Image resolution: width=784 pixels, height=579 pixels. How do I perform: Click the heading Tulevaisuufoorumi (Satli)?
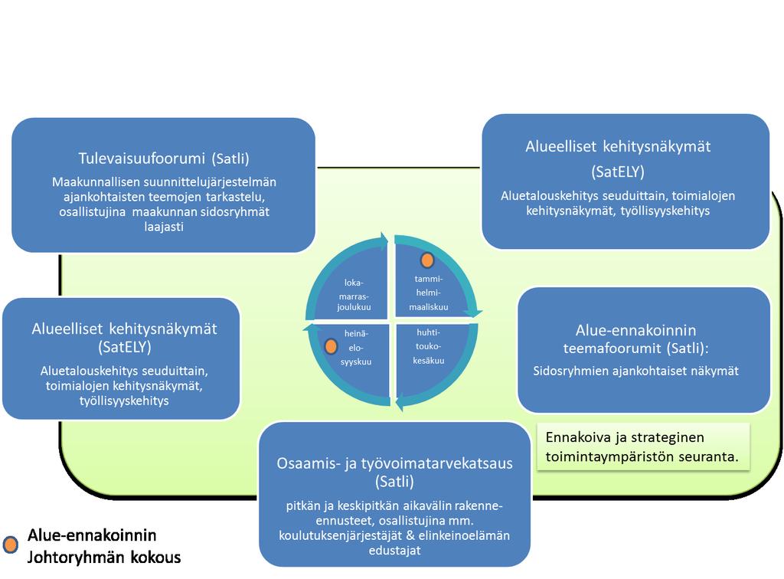[164, 159]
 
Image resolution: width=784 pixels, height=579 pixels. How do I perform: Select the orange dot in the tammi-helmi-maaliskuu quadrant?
[427, 260]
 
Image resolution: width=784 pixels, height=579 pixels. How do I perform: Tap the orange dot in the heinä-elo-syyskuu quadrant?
[331, 346]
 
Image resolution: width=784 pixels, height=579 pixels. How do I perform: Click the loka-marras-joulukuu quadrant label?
[354, 295]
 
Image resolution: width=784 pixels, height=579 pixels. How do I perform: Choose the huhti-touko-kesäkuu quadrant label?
[429, 346]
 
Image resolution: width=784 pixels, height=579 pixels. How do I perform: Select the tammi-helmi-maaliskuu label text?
[429, 293]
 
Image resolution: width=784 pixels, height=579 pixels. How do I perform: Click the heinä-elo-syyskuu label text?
[356, 348]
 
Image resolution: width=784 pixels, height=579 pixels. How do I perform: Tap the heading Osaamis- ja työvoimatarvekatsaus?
[394, 463]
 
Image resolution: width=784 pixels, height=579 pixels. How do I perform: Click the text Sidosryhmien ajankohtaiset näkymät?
[635, 371]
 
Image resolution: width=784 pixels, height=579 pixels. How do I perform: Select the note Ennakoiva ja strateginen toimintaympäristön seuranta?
[642, 447]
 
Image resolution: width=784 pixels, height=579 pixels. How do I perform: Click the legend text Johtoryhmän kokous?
[104, 558]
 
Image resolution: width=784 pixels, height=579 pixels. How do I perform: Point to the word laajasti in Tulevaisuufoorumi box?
[164, 227]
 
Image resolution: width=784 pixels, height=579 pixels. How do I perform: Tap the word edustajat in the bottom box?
[394, 551]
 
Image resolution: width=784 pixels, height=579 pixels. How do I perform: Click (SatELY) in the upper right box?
[618, 172]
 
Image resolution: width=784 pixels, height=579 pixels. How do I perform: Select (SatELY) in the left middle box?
[125, 347]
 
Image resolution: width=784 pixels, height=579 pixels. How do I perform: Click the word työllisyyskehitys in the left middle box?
[124, 401]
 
